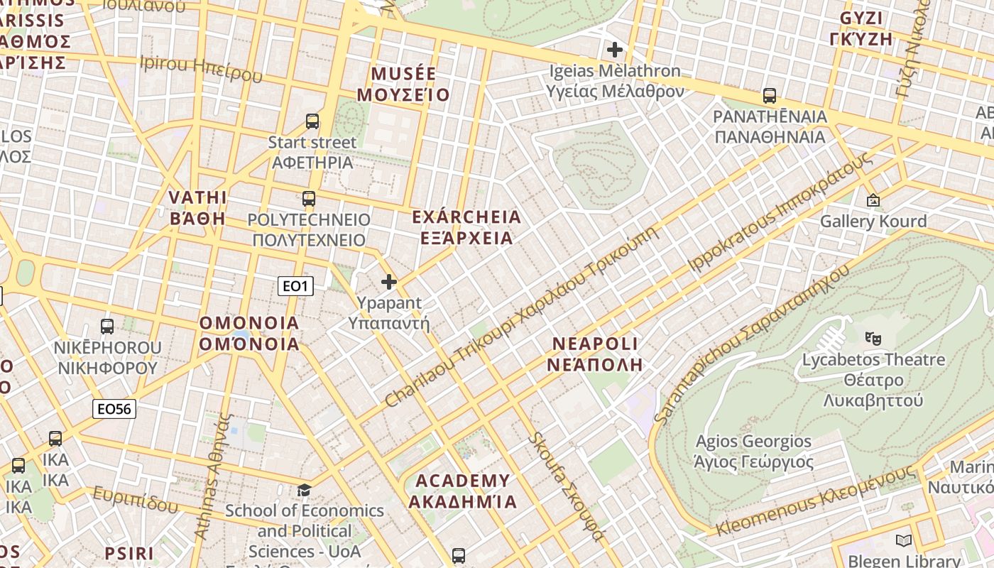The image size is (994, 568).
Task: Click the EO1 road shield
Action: (295, 286)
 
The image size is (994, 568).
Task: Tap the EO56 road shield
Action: (114, 409)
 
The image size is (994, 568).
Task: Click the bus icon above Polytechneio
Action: (308, 199)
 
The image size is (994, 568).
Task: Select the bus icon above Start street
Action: (312, 121)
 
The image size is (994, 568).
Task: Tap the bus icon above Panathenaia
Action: (769, 95)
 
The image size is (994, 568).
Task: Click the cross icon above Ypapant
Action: (389, 282)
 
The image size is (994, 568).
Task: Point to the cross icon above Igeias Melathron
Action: (615, 50)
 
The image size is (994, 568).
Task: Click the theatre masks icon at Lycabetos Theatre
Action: (873, 339)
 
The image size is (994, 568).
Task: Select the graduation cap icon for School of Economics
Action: (304, 490)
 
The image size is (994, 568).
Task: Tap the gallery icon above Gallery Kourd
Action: (873, 201)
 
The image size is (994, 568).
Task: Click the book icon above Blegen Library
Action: (903, 541)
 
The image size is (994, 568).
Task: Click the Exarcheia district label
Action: (466, 227)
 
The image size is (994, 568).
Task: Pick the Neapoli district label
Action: (596, 354)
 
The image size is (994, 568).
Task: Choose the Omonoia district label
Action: (249, 334)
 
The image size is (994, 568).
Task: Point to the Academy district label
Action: (462, 491)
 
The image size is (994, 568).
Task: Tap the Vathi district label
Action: (197, 207)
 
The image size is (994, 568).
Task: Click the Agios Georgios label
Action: (753, 452)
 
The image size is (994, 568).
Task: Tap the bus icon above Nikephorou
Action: (107, 327)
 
